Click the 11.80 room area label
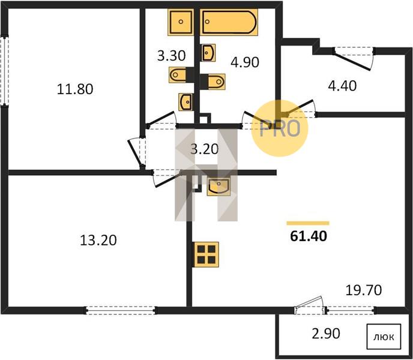(x=75, y=89)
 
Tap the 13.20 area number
(x=98, y=240)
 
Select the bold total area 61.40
(x=309, y=236)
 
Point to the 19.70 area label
(x=364, y=290)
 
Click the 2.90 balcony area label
(x=326, y=334)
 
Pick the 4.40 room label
(x=342, y=86)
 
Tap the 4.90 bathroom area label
(x=245, y=62)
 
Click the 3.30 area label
(x=172, y=56)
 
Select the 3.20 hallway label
(x=205, y=149)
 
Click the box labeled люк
(x=384, y=336)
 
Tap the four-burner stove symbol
(x=206, y=254)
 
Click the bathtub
(x=229, y=22)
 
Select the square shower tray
(x=181, y=22)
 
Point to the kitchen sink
(x=219, y=187)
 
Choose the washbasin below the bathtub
(x=208, y=53)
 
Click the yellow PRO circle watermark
(x=280, y=128)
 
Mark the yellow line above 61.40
(x=308, y=223)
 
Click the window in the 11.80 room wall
(x=4, y=71)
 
